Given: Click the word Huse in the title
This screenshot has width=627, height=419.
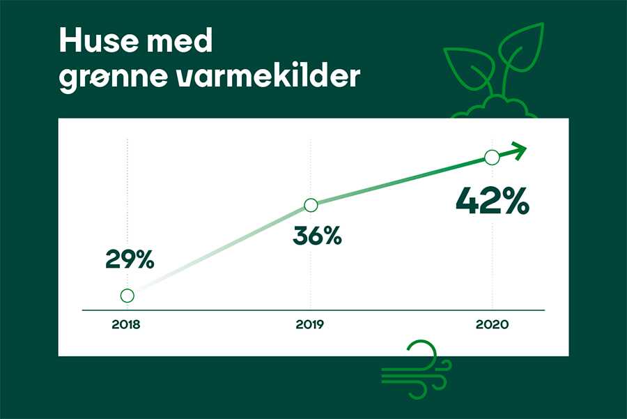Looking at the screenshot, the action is point(95,41).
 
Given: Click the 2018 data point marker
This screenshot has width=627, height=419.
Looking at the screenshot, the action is point(127,296).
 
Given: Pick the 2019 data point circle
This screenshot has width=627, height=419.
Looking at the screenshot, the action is point(311,205).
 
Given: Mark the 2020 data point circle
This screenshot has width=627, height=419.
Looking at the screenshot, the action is point(492,158).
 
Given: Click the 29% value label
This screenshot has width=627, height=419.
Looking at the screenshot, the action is point(130,260).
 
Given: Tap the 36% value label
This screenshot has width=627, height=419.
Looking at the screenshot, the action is point(317,236).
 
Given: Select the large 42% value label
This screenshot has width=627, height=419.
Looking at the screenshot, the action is point(493,201).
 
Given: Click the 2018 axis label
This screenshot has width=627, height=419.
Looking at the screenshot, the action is point(126,324).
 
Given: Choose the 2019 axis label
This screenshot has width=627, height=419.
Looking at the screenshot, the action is point(309,324).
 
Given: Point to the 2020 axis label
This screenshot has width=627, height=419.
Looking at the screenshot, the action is point(492,324).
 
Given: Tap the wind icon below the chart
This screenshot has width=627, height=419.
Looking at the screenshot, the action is point(417,370).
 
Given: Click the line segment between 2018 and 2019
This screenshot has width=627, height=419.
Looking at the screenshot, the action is point(219,250).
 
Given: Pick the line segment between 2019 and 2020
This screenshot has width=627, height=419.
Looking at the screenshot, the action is point(401,181).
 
